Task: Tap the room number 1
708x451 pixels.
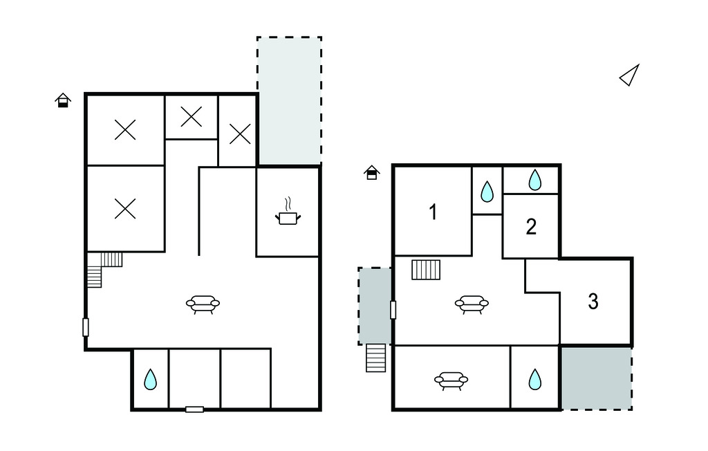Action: [433, 212]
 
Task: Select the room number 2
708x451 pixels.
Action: [531, 227]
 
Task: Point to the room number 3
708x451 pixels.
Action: [593, 302]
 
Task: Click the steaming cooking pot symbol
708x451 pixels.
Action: [288, 212]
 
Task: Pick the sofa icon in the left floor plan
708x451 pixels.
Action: [203, 304]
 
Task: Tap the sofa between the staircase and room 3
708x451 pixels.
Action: [472, 304]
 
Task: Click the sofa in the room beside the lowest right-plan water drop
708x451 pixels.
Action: [451, 380]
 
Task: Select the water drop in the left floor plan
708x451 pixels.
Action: [150, 379]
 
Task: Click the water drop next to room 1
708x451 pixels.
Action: [487, 191]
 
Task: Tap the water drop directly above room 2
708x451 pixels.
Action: [535, 180]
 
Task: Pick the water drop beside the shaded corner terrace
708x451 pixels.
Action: [535, 379]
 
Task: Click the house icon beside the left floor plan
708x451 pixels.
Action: [63, 100]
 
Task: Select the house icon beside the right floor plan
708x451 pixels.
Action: [371, 172]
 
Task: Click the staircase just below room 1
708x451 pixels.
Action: [426, 270]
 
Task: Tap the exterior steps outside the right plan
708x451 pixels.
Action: [375, 358]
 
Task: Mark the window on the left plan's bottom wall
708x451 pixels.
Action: [194, 409]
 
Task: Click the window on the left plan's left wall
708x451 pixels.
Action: [85, 327]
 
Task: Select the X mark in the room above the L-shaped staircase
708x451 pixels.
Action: [125, 209]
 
